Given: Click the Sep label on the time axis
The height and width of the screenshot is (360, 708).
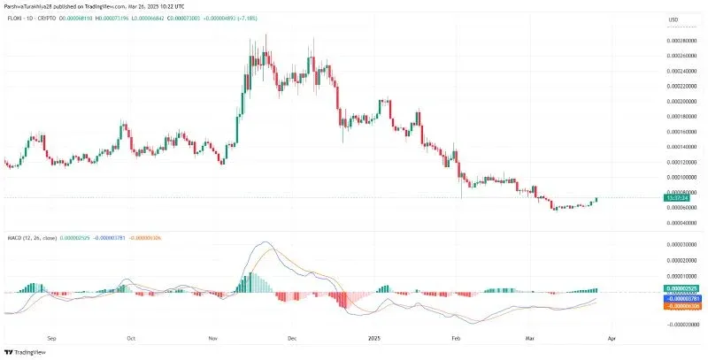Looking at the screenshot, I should coord(50,338).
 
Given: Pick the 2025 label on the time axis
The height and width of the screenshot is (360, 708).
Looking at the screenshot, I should coord(374,338).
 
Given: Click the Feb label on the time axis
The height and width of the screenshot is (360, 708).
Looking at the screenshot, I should coord(455,338).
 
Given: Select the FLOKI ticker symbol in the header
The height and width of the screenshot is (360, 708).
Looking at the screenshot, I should coord(15,19).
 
